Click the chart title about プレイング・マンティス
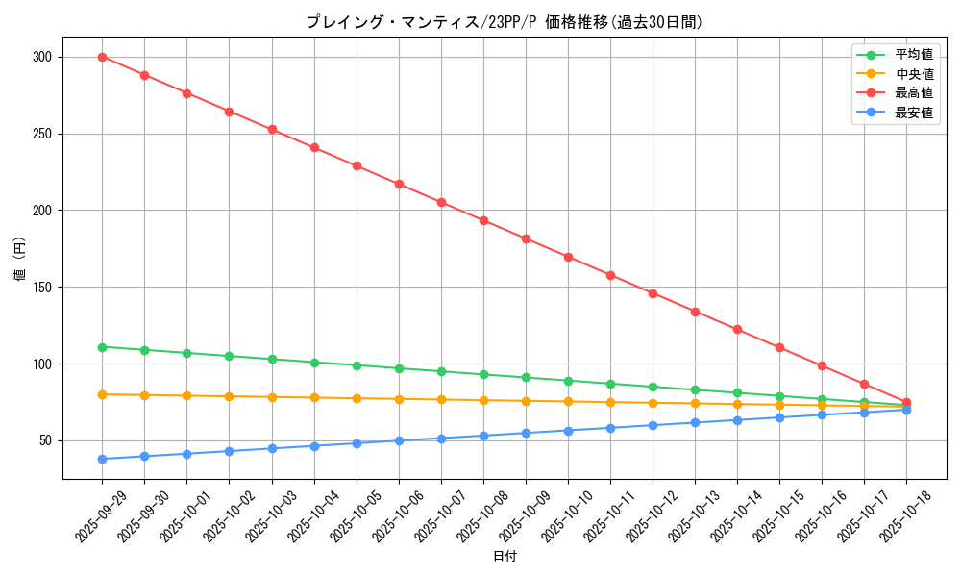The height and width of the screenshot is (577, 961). click(504, 21)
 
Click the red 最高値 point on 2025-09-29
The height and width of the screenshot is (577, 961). click(102, 57)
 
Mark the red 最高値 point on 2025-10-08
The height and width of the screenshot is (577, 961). click(483, 220)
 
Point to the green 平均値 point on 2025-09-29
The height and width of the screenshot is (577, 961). click(102, 347)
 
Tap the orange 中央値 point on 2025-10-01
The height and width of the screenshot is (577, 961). click(186, 395)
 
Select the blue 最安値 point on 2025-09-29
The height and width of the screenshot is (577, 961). click(102, 459)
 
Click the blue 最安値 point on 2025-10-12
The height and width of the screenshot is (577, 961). click(653, 425)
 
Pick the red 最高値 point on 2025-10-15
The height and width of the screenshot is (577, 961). click(779, 347)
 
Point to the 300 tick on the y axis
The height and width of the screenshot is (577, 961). click(41, 57)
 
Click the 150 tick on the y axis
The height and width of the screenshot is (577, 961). click(41, 288)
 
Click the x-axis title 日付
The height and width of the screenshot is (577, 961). click(504, 557)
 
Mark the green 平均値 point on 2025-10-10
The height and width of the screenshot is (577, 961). click(568, 381)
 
